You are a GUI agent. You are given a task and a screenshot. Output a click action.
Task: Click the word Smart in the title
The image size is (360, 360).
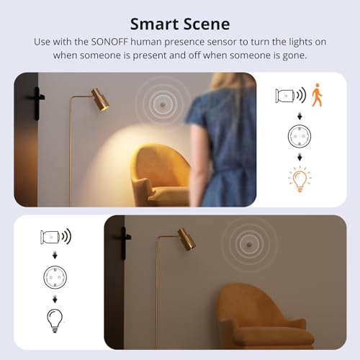(x=154, y=24)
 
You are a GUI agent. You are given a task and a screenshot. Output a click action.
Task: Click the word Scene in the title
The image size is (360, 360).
(x=207, y=24)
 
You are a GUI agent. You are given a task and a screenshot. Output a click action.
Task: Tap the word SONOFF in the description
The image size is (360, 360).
(x=109, y=42)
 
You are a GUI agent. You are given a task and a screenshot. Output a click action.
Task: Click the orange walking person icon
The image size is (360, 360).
(x=317, y=95)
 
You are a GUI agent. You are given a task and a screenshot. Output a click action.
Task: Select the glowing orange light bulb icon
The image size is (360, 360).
(x=300, y=179)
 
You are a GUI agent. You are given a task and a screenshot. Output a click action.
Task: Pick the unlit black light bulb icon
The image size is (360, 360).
(x=55, y=320)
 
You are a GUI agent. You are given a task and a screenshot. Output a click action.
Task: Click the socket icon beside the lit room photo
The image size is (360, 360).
(x=300, y=136)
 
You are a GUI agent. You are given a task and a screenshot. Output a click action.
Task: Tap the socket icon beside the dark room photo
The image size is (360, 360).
(x=55, y=277)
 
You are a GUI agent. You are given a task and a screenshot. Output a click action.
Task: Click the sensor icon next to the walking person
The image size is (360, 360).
(x=284, y=96)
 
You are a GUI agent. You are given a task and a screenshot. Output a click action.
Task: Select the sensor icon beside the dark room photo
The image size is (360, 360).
(x=50, y=237)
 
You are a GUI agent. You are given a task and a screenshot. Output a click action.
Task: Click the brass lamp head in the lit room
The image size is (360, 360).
(x=100, y=99)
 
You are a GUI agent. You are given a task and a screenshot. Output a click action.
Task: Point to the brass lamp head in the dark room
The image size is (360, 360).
(x=186, y=239)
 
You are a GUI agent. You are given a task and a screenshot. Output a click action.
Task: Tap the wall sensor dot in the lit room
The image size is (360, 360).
(x=163, y=104)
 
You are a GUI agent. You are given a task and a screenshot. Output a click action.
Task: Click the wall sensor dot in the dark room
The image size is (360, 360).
(x=249, y=244)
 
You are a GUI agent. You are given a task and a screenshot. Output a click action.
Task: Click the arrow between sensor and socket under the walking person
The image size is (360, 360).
(x=300, y=117)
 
